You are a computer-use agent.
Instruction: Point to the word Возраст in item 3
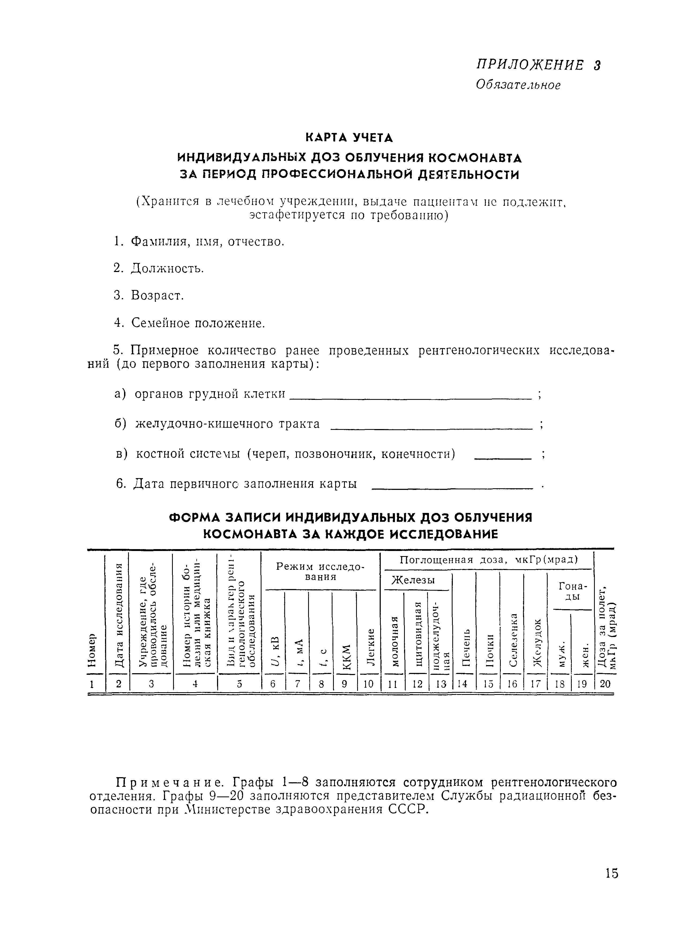click(x=157, y=296)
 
